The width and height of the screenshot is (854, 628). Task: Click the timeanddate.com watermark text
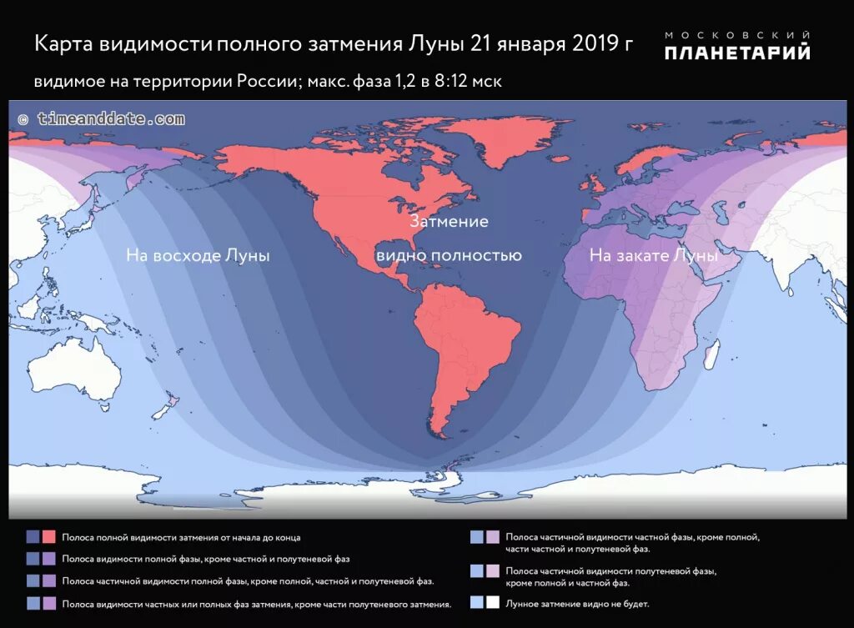click(100, 119)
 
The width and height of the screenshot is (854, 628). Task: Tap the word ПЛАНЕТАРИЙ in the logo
click(737, 53)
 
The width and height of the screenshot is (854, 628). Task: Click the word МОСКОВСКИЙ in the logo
click(737, 34)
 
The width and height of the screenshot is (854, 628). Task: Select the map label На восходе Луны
click(198, 256)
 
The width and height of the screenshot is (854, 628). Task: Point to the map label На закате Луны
click(653, 256)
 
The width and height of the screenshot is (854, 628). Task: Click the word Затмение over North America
click(448, 223)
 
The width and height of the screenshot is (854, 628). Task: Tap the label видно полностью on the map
click(449, 255)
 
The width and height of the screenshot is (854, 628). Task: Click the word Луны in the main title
click(435, 44)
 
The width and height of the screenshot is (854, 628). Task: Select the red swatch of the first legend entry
click(49, 537)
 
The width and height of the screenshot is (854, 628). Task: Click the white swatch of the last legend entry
click(493, 602)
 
